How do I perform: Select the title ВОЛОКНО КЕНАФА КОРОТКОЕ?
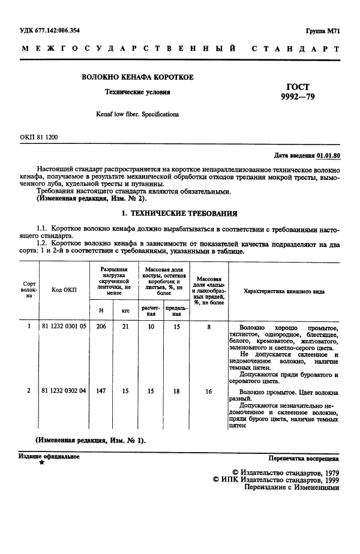tap(137, 78)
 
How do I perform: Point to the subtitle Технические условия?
tap(137, 93)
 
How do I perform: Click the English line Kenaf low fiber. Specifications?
tap(137, 114)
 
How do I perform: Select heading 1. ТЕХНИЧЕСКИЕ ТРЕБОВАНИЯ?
tap(179, 213)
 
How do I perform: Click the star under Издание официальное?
tap(41, 463)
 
